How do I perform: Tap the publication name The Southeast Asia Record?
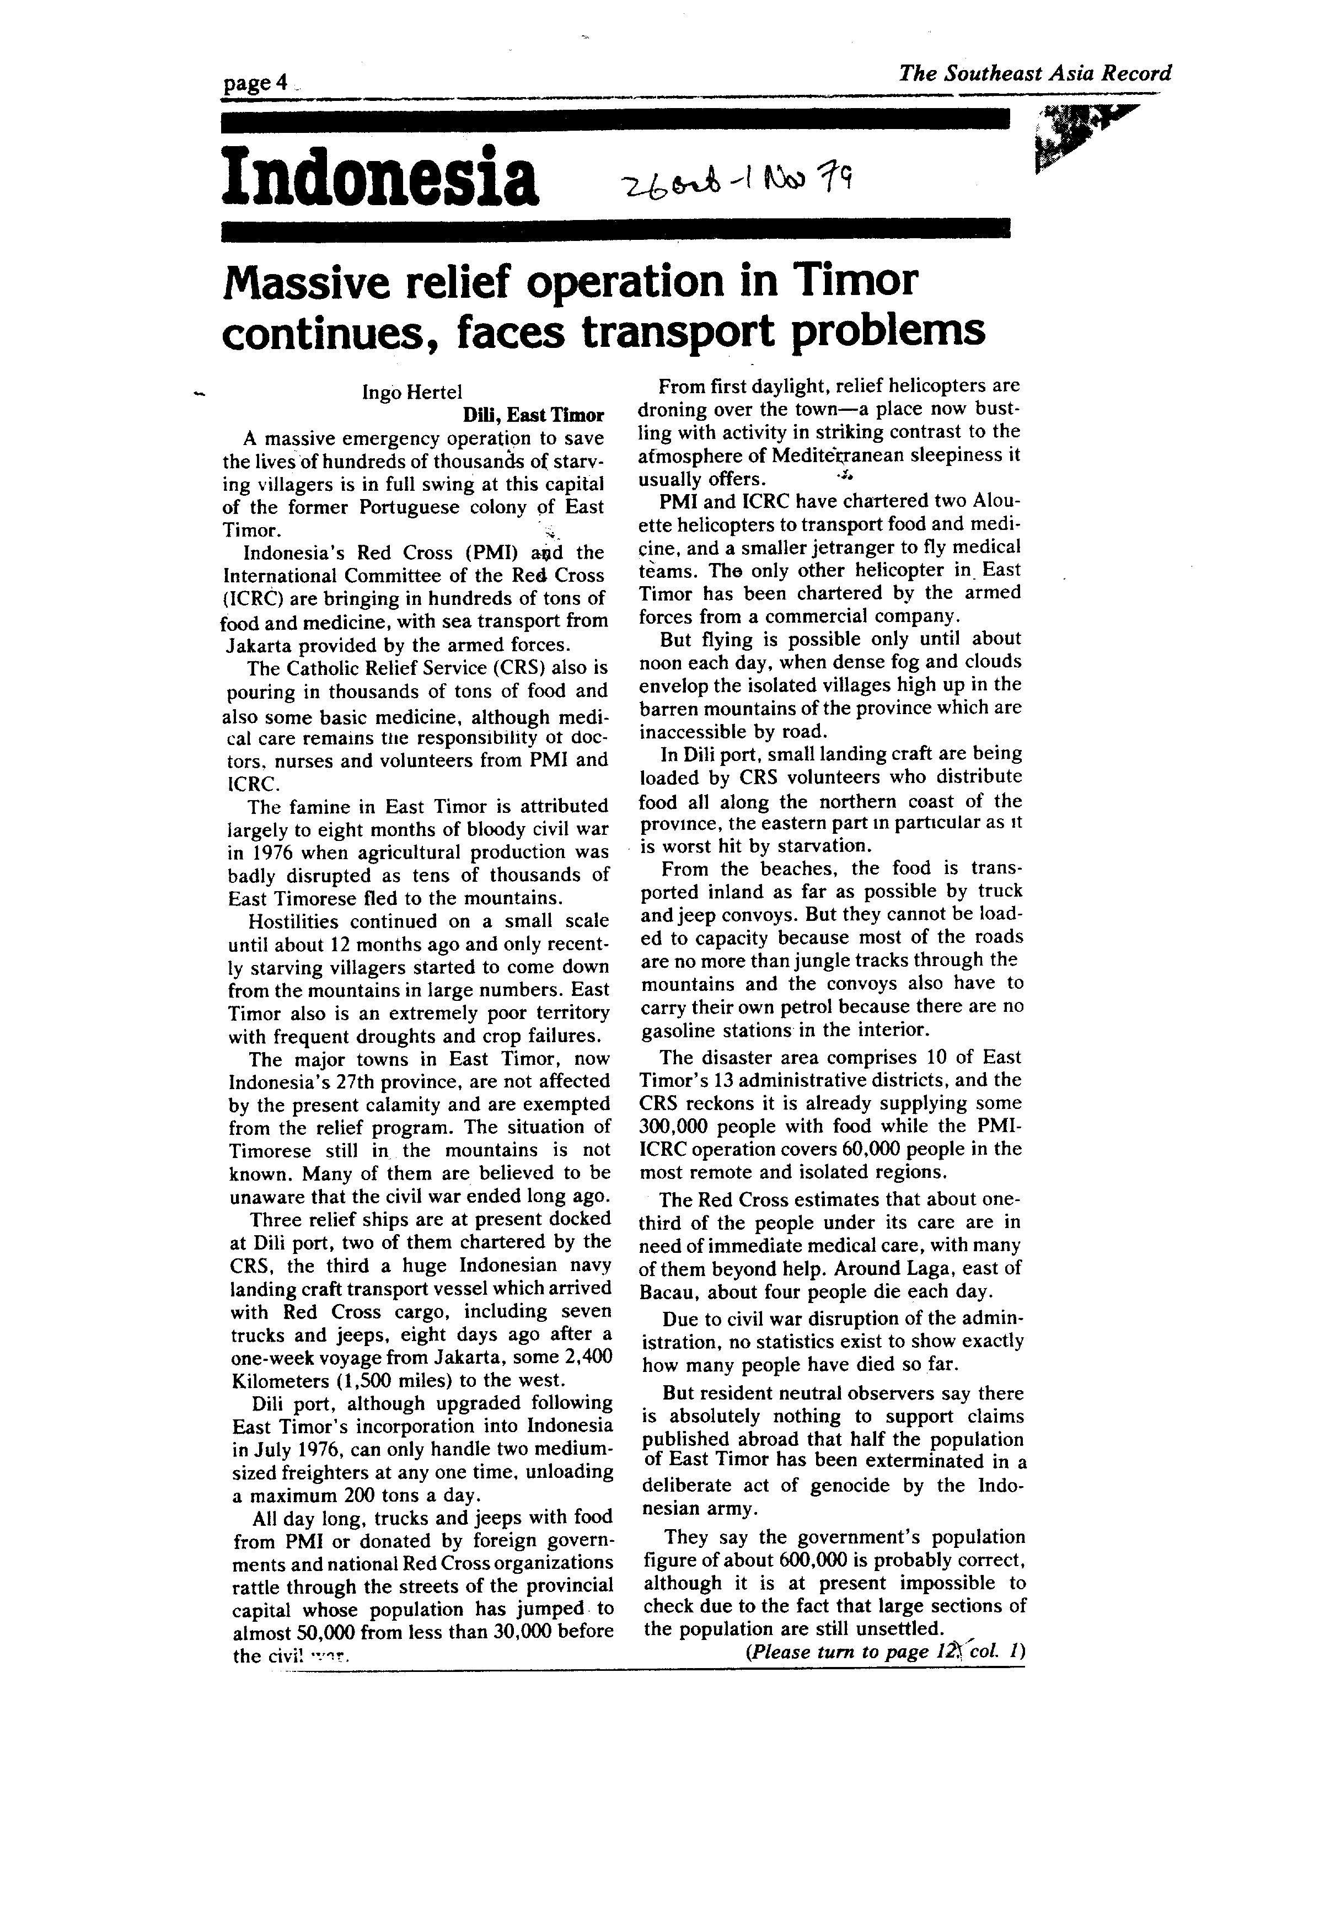[1034, 73]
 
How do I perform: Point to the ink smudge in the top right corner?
[1079, 134]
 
